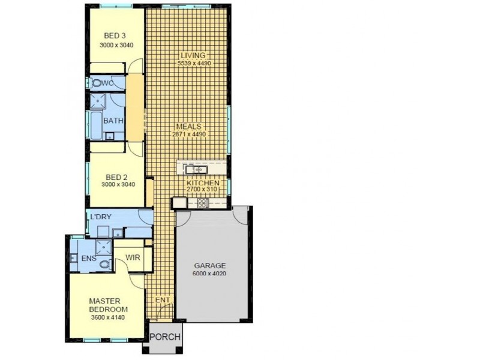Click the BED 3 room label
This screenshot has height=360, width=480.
pos(115,36)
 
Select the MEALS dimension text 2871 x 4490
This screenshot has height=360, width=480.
pos(190,134)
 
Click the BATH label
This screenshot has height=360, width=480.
pos(113,121)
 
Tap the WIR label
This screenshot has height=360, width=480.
pos(132,258)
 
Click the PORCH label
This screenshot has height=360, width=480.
pos(164,337)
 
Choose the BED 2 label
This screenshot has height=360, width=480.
pos(116,177)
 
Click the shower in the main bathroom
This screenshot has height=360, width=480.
pos(98,101)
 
